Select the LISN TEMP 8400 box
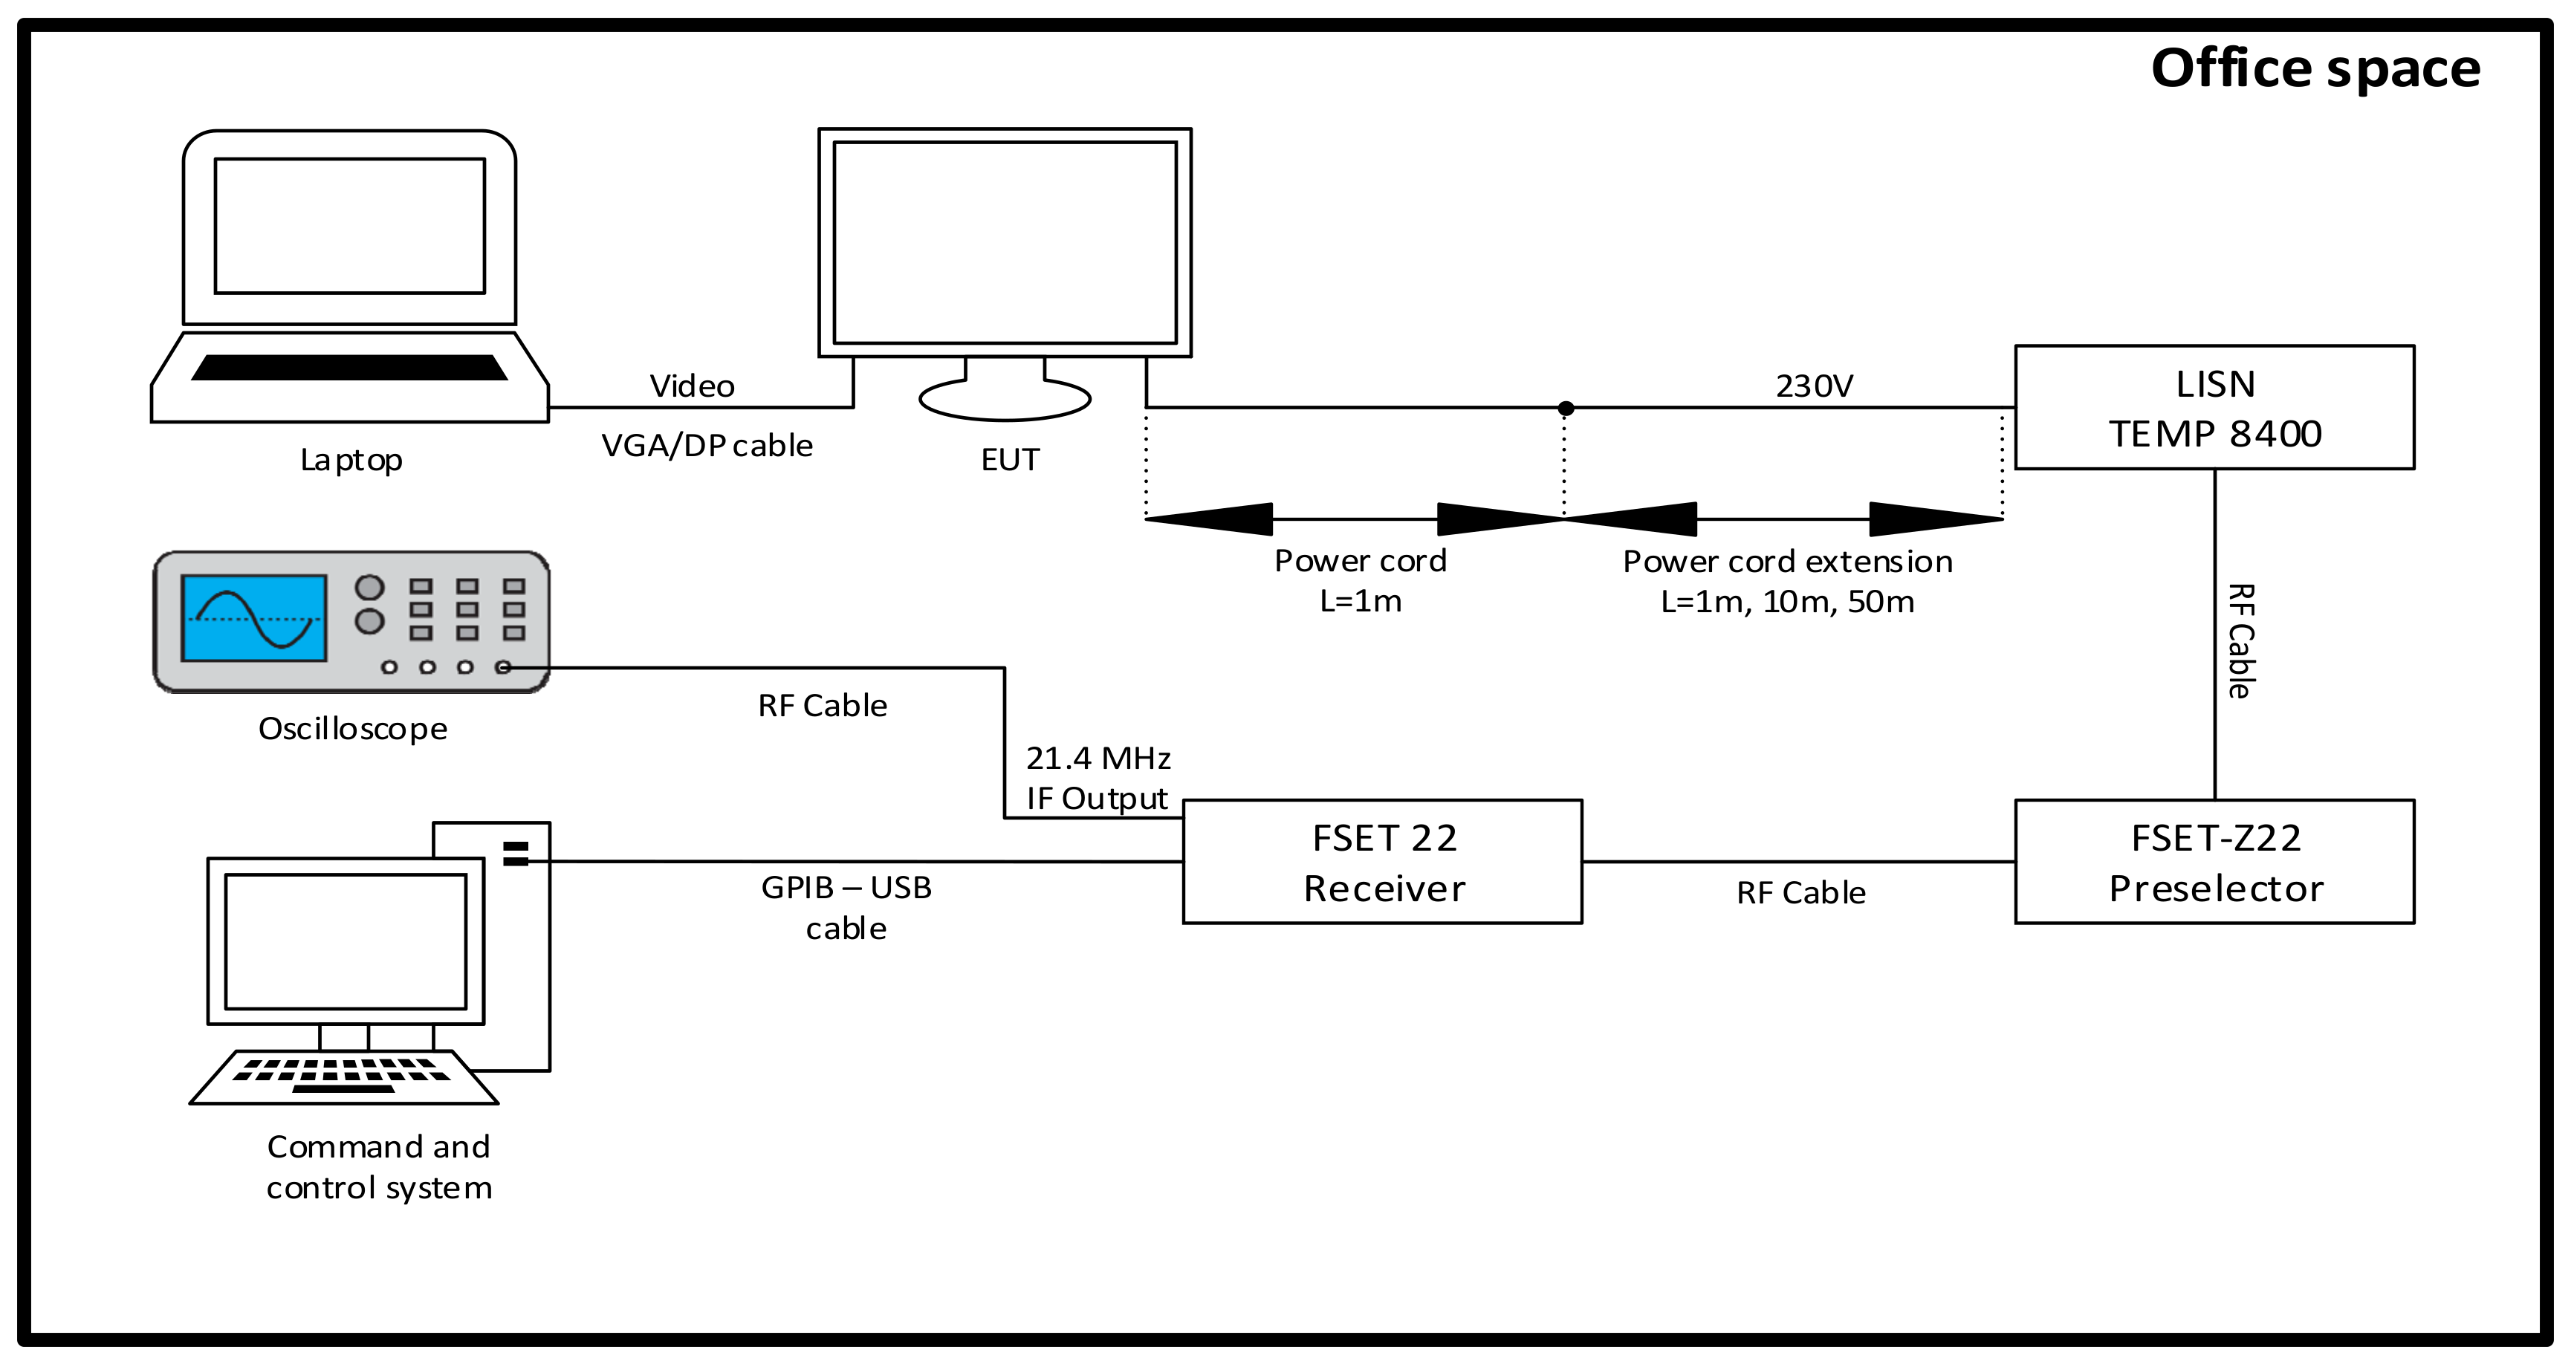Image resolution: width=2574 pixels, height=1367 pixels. pos(2214,408)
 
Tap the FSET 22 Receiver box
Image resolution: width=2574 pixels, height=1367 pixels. pos(1382,861)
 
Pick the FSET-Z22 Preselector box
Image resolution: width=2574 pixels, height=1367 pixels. pos(2214,861)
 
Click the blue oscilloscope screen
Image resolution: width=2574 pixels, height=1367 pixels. pos(254,617)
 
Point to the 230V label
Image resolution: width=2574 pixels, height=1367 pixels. pos(1814,386)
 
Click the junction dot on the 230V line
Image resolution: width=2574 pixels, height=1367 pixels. pos(1566,408)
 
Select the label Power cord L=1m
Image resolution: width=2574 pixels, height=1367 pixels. pos(1360,580)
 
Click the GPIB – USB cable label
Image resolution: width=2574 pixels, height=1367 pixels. pos(846,907)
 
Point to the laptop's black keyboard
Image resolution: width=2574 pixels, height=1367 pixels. pos(350,367)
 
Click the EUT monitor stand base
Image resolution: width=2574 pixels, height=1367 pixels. pos(1004,400)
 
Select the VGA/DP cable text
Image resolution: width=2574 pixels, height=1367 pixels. pos(707,445)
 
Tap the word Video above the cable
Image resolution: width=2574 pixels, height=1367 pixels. pos(692,386)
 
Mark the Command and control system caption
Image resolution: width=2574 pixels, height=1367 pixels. pos(379,1166)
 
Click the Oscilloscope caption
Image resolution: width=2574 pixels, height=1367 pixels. pos(351,729)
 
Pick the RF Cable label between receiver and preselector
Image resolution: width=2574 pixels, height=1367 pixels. pos(1800,892)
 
